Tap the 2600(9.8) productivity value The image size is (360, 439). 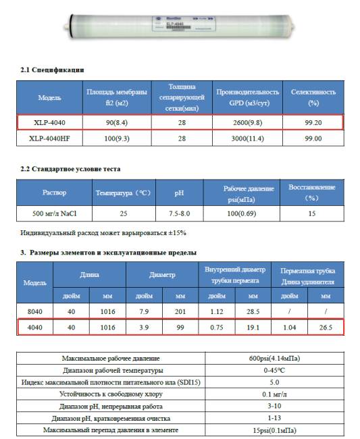point(247,122)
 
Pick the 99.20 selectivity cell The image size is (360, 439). point(313,122)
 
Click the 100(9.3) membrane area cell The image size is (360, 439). point(116,138)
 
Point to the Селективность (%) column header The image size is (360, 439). point(313,97)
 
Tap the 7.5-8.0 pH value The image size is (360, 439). point(179,213)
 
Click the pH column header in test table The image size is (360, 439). point(179,192)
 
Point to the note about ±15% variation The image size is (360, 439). point(103,232)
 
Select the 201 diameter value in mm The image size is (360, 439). point(180,311)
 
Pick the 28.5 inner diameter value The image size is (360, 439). point(253,311)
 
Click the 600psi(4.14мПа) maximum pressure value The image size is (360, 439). point(274,357)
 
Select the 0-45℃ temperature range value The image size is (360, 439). point(274,370)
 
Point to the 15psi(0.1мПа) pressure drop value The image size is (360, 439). point(274,430)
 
